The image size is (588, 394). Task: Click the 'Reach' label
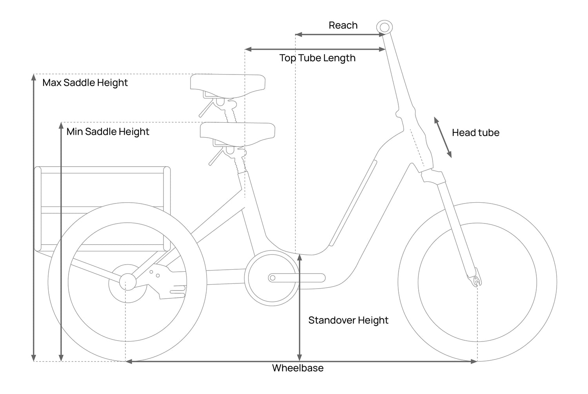click(x=343, y=25)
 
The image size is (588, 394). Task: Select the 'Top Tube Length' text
click(x=317, y=58)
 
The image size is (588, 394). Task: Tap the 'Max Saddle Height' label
click(x=85, y=83)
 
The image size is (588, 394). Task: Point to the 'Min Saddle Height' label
click(x=108, y=131)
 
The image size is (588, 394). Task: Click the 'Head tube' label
click(x=475, y=133)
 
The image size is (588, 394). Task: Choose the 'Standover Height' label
click(x=348, y=320)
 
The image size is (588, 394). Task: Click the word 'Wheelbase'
click(x=298, y=368)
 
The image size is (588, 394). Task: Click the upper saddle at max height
click(x=228, y=84)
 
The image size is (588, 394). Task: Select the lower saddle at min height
click(x=238, y=131)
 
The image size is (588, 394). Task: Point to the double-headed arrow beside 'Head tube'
click(x=443, y=137)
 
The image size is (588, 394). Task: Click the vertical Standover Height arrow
click(x=299, y=308)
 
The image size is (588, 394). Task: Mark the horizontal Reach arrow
click(x=340, y=35)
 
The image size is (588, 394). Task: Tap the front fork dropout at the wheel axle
click(x=476, y=280)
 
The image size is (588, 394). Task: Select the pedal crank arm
click(x=297, y=278)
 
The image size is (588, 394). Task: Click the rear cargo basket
click(x=102, y=208)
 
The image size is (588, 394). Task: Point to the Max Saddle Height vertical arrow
click(x=34, y=218)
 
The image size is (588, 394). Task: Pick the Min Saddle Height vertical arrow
click(x=61, y=241)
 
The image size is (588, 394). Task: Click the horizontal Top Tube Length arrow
click(x=315, y=49)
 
